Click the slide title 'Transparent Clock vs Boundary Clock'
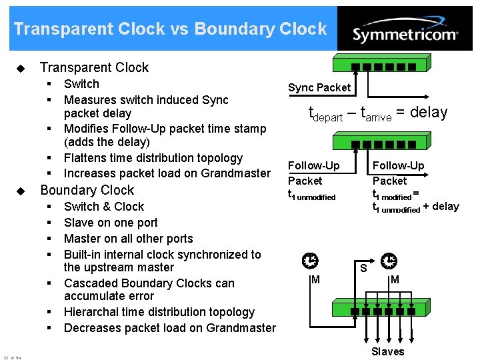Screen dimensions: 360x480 (170, 29)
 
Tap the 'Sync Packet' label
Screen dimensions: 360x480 (319, 87)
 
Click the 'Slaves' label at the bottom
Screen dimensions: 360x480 (387, 351)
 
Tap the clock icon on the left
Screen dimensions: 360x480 (310, 261)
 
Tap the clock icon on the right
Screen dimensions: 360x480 (389, 261)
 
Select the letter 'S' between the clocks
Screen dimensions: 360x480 (363, 269)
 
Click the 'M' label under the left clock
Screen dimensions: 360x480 (315, 279)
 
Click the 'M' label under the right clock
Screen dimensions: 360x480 (395, 279)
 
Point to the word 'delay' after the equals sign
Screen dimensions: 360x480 (429, 112)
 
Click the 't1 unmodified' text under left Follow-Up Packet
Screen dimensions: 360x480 (311, 196)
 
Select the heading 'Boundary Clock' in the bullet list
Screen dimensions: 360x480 (87, 190)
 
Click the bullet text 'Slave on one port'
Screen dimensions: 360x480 (111, 223)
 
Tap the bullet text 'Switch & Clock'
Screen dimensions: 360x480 (103, 207)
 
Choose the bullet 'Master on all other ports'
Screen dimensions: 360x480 (128, 239)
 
